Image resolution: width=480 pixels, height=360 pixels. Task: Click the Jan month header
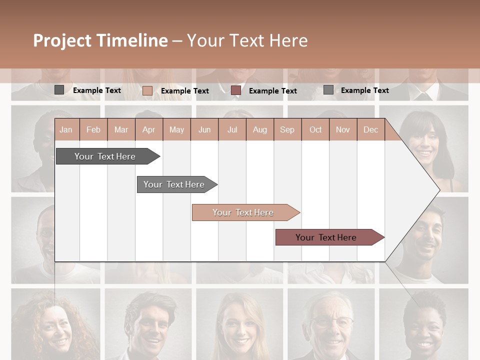[x=66, y=130]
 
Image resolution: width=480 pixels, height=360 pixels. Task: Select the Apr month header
[x=148, y=130]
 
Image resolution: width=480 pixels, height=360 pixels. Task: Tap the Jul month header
[x=232, y=130]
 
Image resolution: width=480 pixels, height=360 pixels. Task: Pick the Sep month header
[x=287, y=130]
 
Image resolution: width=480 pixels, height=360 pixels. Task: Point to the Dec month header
[x=370, y=130]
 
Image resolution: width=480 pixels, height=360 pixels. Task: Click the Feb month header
[x=93, y=130]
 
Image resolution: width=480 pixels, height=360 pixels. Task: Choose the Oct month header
[x=315, y=130]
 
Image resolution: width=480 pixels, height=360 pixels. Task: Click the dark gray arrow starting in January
[x=105, y=156]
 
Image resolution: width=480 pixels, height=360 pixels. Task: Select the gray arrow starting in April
[x=174, y=184]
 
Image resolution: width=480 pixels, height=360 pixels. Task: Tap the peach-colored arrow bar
[x=243, y=212]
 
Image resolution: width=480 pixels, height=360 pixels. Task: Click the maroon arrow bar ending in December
[x=326, y=237]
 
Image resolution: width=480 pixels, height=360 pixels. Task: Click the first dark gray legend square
[x=59, y=90]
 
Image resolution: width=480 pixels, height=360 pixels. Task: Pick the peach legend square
[x=147, y=90]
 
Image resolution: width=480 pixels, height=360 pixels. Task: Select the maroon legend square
[x=236, y=90]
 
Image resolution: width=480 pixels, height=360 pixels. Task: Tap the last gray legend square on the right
[x=328, y=90]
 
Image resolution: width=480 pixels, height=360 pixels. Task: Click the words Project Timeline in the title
[x=100, y=40]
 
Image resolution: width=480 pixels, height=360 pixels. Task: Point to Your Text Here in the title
[x=247, y=40]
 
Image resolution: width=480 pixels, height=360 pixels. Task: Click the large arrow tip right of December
[x=425, y=189]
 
